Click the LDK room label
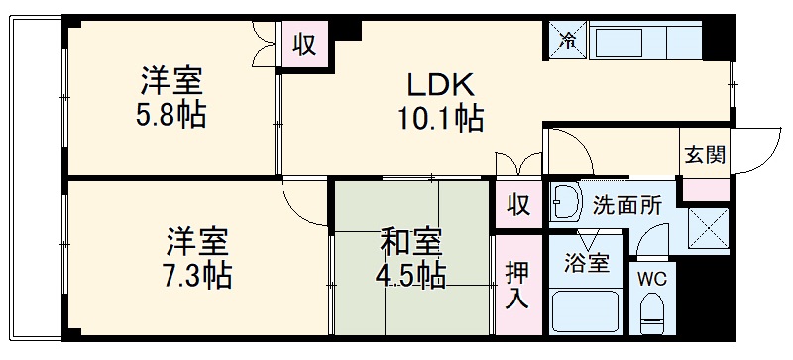pos(441,85)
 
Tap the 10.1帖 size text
pos(440,119)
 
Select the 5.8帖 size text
pos(170,116)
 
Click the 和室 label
pos(411,243)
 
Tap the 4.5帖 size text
pos(410,276)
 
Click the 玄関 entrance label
pos(705,154)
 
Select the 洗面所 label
pos(626,205)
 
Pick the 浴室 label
pos(587,263)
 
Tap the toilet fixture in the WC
pos(652,314)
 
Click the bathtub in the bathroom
pos(585,310)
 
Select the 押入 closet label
pos(517,285)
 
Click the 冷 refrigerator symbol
pos(568,41)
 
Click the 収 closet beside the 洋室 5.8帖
pos(305,45)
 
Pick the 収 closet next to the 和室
pos(518,205)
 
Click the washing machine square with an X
pos(708,228)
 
